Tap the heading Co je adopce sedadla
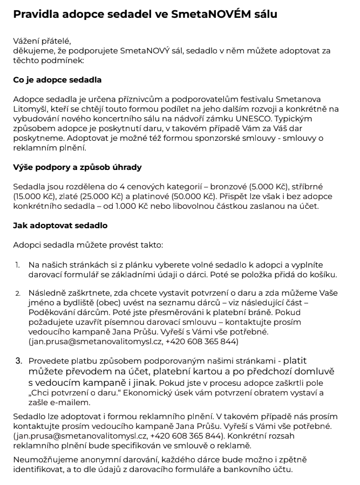57,80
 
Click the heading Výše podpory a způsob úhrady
77,167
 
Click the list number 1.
17,265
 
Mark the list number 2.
17,293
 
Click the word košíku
323,275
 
